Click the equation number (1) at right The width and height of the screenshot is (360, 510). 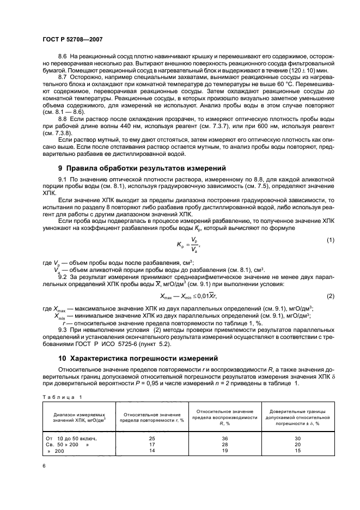(330, 240)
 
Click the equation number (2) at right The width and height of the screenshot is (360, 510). (330, 296)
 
